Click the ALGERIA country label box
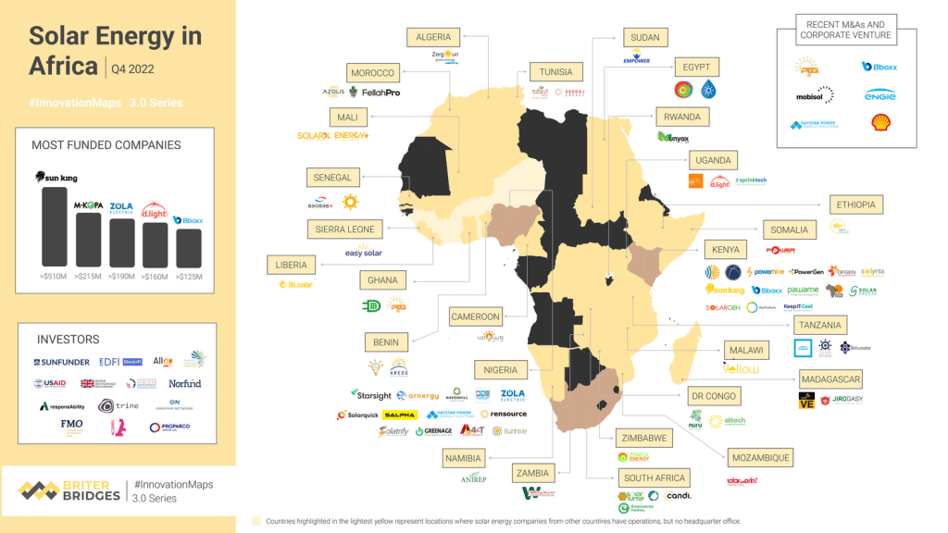(x=433, y=37)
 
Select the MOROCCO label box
(x=372, y=73)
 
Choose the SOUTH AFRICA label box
(x=655, y=478)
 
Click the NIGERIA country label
(x=500, y=370)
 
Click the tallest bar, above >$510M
(x=55, y=227)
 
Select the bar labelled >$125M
(x=188, y=247)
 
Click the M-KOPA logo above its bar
(x=88, y=205)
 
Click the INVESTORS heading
(x=69, y=340)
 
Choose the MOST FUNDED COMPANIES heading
(x=106, y=145)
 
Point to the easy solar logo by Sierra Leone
(x=363, y=253)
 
